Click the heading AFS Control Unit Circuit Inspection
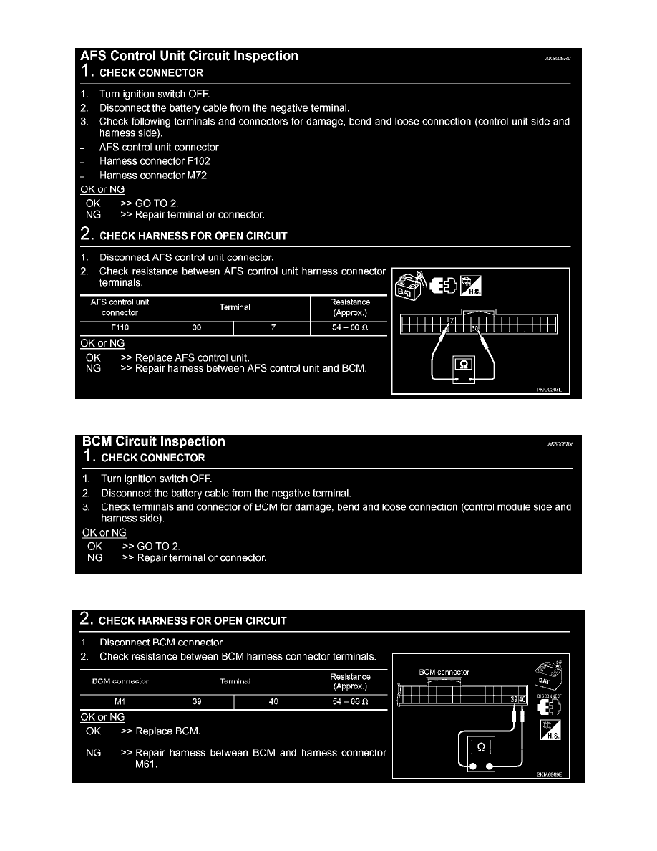click(189, 56)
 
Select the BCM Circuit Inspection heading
click(153, 442)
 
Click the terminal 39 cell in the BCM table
click(196, 702)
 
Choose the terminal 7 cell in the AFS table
click(273, 329)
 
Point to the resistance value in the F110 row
click(350, 329)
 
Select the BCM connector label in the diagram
click(444, 672)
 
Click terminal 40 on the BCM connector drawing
click(522, 699)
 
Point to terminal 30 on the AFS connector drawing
click(474, 329)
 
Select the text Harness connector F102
click(155, 161)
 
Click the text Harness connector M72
click(153, 176)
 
